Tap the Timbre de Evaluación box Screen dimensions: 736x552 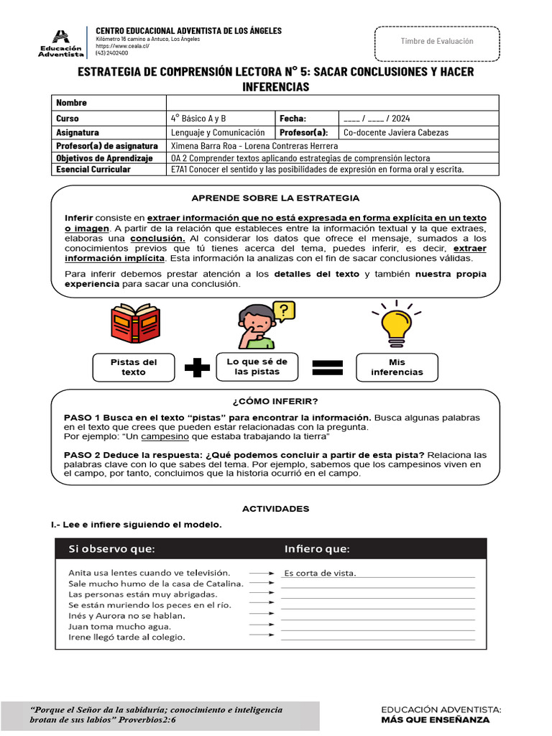click(436, 42)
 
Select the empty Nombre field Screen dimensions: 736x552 click(331, 103)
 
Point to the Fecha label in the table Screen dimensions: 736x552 click(293, 119)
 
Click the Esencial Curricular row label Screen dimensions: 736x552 click(93, 170)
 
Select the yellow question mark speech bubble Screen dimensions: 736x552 click(284, 310)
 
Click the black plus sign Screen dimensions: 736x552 click(197, 367)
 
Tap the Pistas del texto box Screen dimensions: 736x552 click(134, 367)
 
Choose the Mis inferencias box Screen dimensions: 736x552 click(397, 367)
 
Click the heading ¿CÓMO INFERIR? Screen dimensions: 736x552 click(275, 401)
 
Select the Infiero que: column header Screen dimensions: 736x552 click(317, 550)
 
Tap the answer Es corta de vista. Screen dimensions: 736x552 click(321, 573)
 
